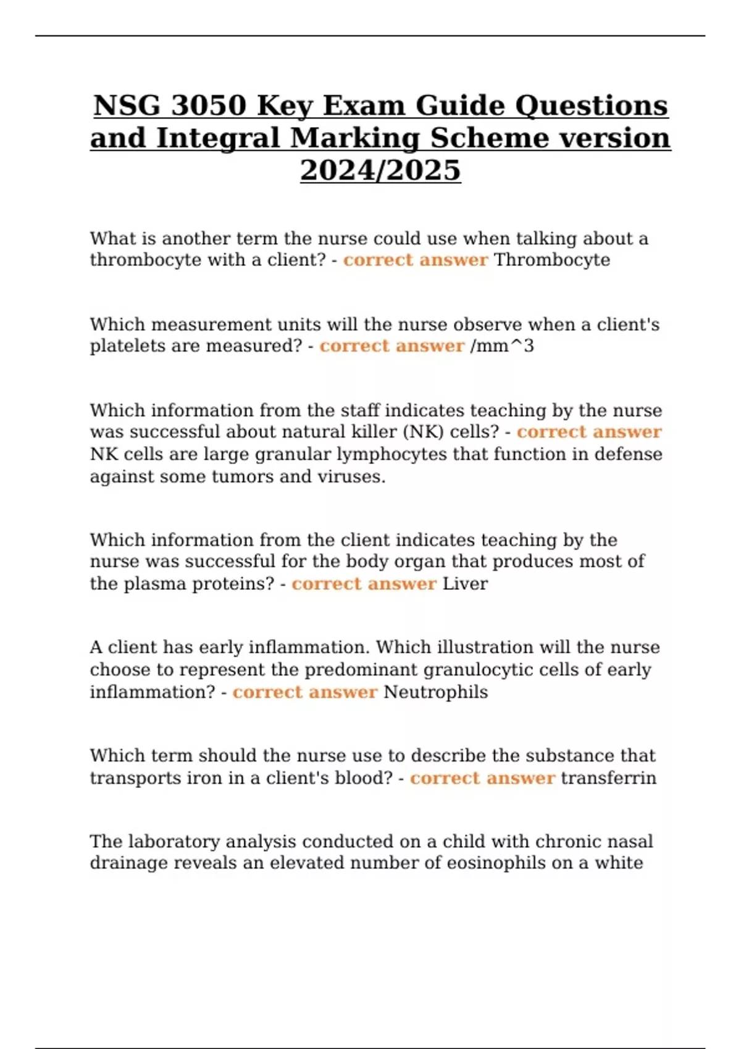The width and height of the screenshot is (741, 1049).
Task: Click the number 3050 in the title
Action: click(x=207, y=106)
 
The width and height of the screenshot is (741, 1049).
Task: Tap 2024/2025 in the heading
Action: click(x=380, y=170)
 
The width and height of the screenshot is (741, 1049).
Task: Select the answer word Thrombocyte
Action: click(x=552, y=260)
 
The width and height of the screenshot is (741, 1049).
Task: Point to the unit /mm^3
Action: click(x=502, y=346)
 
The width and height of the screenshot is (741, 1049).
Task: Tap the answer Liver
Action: click(x=465, y=584)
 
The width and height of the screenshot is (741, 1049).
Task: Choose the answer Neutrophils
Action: click(x=435, y=692)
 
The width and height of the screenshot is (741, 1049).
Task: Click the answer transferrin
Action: click(x=608, y=778)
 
